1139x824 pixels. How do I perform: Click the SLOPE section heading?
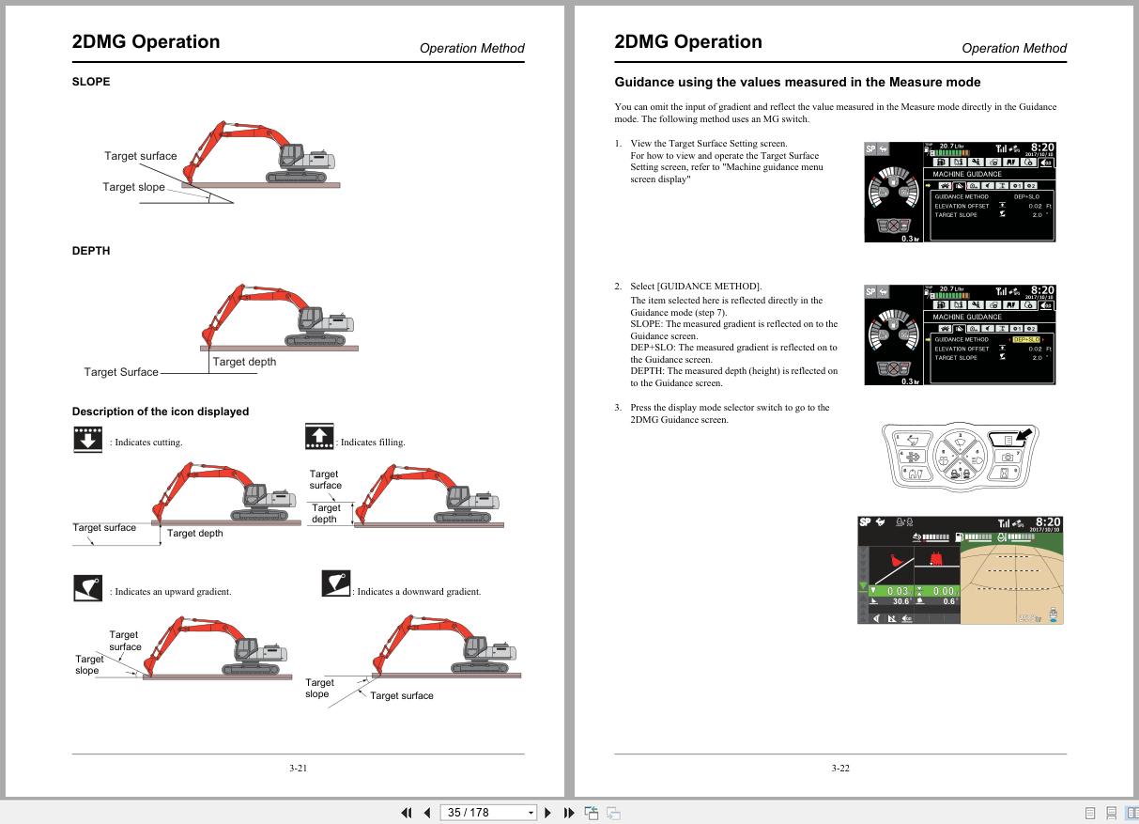pos(91,82)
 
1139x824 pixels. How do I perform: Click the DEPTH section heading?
pos(91,251)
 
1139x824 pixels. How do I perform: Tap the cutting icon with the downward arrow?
pos(87,439)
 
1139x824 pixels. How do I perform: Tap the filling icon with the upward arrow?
pos(319,437)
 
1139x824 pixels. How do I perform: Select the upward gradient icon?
pos(87,588)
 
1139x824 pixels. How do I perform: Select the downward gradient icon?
pos(335,583)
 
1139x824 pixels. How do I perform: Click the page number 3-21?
pos(298,768)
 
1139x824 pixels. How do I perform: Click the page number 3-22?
pos(840,768)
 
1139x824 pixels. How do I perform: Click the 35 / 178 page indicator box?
pos(490,813)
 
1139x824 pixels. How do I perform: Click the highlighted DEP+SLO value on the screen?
pos(1026,339)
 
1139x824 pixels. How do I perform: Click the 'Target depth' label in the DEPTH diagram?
pos(244,362)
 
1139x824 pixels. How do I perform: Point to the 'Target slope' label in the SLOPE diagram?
pos(133,187)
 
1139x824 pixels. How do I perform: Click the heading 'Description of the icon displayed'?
pos(161,412)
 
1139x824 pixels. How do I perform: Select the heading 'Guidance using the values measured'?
pos(797,83)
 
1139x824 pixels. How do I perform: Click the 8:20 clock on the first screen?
pos(1041,148)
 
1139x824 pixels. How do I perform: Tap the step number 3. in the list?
pos(618,408)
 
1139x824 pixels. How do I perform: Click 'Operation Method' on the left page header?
pos(471,48)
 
